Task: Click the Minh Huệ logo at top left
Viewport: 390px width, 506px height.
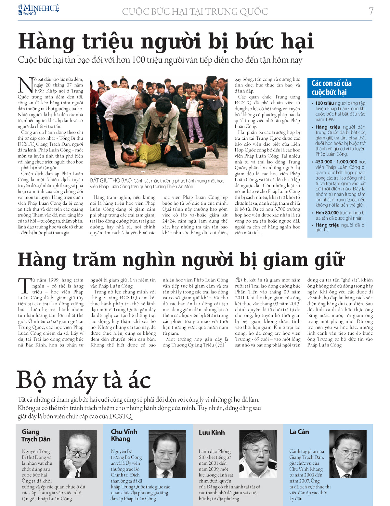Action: click(38, 10)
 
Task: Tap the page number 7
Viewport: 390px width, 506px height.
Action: click(371, 11)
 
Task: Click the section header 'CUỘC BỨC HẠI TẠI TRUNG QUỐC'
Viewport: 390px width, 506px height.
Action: click(195, 12)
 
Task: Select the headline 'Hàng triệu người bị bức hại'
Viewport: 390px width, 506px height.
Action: click(166, 42)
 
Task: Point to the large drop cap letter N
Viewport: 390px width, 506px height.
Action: click(25, 85)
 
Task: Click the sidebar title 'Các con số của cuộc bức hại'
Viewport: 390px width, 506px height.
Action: click(331, 88)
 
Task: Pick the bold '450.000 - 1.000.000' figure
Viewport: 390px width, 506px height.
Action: click(336, 162)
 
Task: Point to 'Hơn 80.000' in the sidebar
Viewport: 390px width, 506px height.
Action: click(327, 213)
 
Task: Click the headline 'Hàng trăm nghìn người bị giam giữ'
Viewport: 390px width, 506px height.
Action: click(181, 260)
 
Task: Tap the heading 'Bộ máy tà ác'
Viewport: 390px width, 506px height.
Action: click(84, 381)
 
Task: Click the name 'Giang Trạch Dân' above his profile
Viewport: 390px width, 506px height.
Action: click(36, 435)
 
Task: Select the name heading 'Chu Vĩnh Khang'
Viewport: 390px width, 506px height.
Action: click(124, 435)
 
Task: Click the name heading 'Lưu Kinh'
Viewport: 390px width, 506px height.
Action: click(212, 433)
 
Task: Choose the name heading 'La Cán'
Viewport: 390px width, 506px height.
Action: click(299, 432)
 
